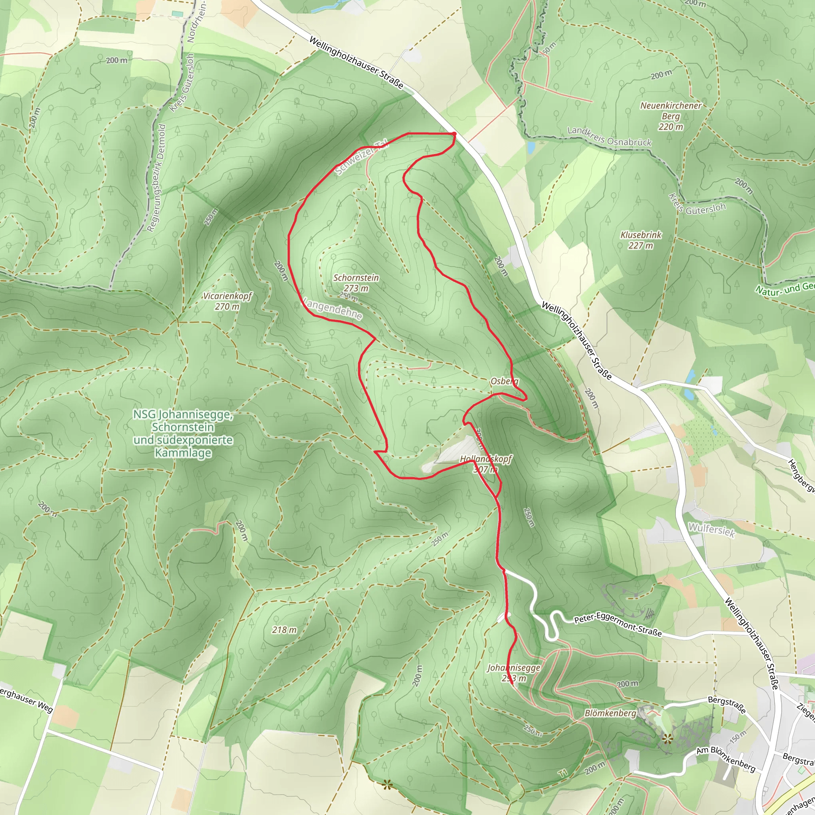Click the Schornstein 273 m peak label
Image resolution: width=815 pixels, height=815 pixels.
[x=356, y=283]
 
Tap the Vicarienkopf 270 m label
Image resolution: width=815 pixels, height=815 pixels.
[x=227, y=301]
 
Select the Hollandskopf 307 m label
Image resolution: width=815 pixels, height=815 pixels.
[x=485, y=464]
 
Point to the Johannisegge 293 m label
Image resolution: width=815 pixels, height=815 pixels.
[x=513, y=673]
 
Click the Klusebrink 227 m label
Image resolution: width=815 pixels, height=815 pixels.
[x=641, y=240]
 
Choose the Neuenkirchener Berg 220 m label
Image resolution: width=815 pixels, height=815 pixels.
[x=671, y=116]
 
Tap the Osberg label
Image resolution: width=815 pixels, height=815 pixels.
[x=505, y=381]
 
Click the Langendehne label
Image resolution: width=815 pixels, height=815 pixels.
[x=332, y=309]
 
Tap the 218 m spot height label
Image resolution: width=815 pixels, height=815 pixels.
[x=284, y=630]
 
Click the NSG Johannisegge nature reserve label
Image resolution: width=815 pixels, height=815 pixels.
[x=183, y=433]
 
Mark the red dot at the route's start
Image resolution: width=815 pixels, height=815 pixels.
[x=454, y=134]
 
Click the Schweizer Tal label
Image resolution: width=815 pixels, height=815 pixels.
[x=361, y=157]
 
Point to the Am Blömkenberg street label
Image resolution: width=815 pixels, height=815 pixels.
[x=725, y=759]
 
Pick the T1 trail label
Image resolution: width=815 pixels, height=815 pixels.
[x=563, y=773]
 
